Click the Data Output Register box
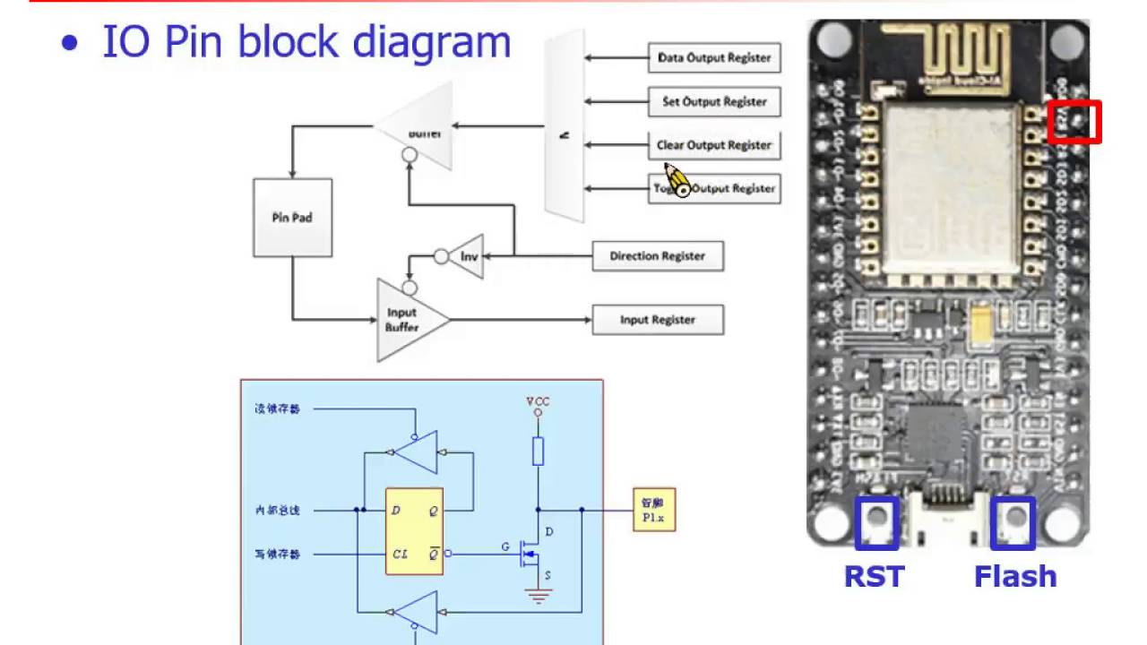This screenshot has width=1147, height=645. pos(714,58)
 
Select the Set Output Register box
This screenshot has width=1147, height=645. pos(714,102)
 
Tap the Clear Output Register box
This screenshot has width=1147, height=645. pos(714,145)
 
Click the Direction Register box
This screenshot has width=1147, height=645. pos(658,256)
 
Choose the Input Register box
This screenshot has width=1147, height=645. pos(658,320)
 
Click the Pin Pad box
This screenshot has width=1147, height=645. pos(292,218)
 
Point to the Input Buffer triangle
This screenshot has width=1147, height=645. pos(405,320)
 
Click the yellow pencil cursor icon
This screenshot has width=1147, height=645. pos(677,181)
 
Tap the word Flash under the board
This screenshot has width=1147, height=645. pos(1015,576)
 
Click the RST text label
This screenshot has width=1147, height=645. pos(875,576)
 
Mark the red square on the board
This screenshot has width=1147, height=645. pos(1074,122)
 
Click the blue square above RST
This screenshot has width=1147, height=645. pos(876,523)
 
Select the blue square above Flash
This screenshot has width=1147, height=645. pos(1013,523)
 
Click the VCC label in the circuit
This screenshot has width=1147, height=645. pos(538,401)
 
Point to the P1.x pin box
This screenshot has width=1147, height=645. pos(654,510)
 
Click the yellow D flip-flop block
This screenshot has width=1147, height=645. pos(414,531)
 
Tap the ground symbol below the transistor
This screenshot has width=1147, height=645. pos(538,596)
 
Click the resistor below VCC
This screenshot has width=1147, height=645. pos(538,451)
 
